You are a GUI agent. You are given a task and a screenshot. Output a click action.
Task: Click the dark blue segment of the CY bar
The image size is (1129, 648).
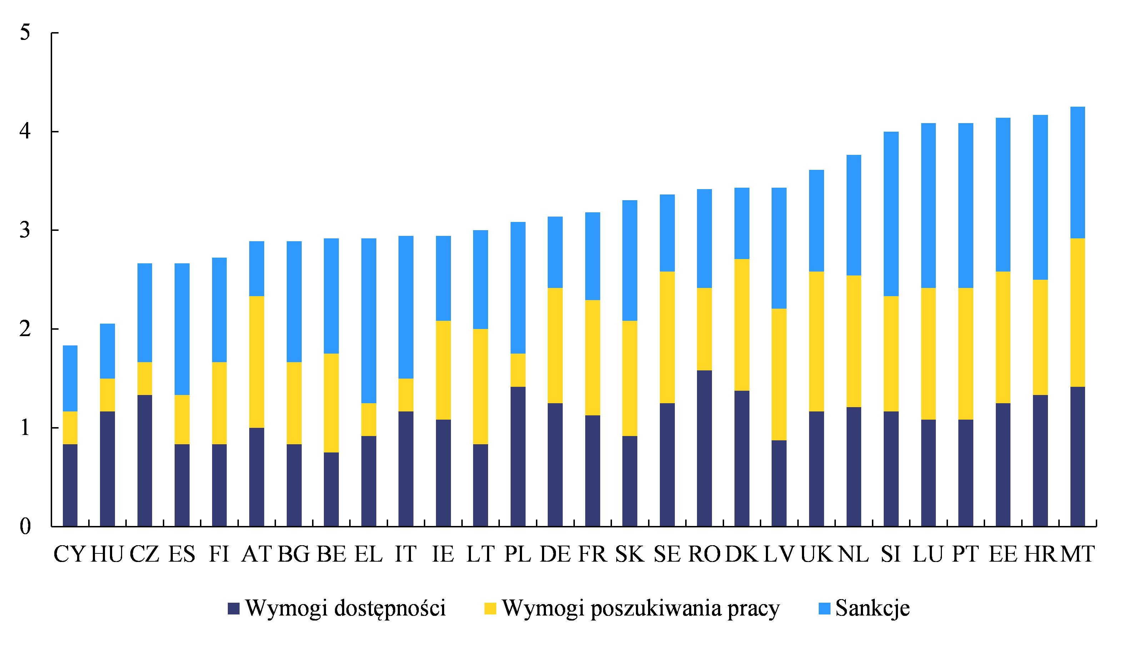tap(70, 485)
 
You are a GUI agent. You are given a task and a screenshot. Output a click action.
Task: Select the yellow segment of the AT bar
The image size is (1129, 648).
tap(256, 361)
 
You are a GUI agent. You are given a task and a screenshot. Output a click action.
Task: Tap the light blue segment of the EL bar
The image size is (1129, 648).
tap(368, 320)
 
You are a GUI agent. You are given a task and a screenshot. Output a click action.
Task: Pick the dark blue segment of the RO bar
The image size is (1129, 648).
tap(704, 448)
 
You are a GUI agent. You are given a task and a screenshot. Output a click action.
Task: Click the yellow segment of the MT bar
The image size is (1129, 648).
tap(1077, 313)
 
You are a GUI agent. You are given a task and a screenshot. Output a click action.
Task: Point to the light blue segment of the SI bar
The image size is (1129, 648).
tap(891, 214)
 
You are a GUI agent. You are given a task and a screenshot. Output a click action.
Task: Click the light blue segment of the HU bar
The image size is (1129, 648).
tap(107, 351)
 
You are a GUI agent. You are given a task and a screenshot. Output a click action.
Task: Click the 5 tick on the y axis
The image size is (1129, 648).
tap(25, 33)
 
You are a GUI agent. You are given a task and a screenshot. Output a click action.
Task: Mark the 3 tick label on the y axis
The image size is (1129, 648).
tap(25, 231)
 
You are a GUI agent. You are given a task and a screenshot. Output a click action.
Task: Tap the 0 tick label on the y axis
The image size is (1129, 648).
tap(25, 527)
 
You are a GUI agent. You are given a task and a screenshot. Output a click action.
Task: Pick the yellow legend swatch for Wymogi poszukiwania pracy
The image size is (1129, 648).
tap(490, 608)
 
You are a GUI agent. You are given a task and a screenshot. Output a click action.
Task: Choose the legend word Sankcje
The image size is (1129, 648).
tap(873, 608)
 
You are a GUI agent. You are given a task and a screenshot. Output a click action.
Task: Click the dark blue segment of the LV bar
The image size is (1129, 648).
tap(779, 484)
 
